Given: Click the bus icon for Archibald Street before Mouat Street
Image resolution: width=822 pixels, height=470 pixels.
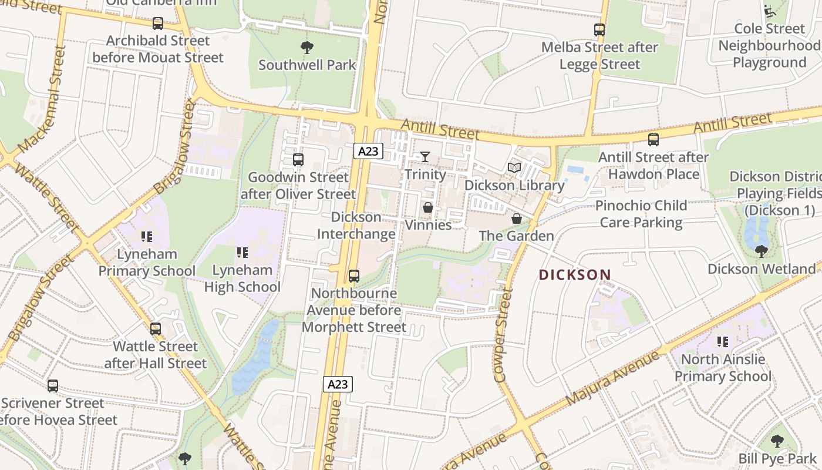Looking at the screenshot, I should [158, 23].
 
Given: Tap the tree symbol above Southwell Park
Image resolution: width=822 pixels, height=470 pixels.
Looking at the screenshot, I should [306, 48].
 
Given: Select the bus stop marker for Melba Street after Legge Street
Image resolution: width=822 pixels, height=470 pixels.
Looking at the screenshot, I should [599, 30].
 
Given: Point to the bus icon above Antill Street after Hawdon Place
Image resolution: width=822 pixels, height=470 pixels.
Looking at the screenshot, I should [653, 140].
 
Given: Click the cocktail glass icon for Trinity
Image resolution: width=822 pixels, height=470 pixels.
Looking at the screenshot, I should [425, 157].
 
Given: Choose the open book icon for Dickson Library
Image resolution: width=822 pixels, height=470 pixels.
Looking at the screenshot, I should [514, 168].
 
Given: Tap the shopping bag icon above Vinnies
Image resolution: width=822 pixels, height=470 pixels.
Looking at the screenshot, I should [428, 207].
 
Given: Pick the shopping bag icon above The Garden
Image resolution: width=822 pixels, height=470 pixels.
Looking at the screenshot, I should [517, 219].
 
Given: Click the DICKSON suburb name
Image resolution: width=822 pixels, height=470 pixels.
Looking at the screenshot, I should [575, 274].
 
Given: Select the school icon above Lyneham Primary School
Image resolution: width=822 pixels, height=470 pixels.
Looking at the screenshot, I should [147, 237].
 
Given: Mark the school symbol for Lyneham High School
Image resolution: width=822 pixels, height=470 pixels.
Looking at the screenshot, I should [242, 253].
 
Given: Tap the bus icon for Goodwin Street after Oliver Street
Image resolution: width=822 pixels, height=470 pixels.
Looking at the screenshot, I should [298, 160].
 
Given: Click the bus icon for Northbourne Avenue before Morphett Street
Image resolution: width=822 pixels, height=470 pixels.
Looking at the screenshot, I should [353, 276].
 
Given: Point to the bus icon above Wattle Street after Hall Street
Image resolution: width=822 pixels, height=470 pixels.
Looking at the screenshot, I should [156, 329].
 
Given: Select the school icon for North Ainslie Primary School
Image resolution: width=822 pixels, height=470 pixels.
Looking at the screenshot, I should [723, 341].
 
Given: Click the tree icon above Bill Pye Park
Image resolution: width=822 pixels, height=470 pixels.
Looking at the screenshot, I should [777, 441].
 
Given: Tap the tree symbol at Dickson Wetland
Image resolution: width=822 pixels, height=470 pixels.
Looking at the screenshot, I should [761, 251].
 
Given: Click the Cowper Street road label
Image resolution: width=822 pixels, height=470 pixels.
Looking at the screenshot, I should [503, 335].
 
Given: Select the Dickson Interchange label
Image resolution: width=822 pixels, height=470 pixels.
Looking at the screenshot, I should [356, 226].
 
